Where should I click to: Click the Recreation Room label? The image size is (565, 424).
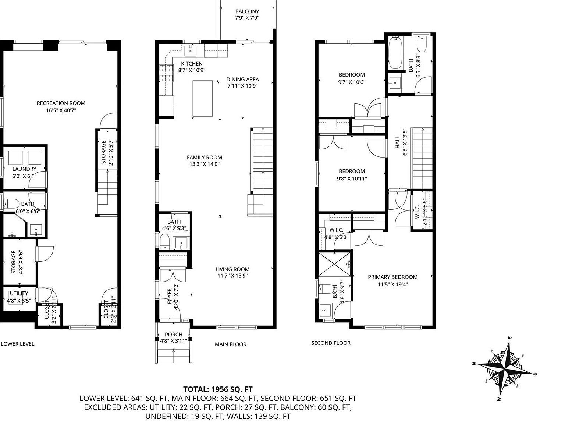click(61, 103)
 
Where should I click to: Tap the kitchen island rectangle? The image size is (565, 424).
click(203, 98)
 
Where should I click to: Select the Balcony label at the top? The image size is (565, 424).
click(247, 11)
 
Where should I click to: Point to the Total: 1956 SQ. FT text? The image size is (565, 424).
click(218, 389)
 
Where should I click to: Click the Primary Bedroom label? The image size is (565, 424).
click(392, 277)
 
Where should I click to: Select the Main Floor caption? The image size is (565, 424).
click(231, 344)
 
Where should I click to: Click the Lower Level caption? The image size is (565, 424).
click(17, 344)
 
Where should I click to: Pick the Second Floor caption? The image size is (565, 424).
click(331, 343)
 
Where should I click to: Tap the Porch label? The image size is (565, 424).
click(173, 335)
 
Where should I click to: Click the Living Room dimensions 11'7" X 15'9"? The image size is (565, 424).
click(232, 275)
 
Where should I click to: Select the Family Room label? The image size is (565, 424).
click(204, 158)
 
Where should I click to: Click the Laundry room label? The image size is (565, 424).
click(24, 169)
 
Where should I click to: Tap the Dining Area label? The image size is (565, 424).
click(242, 79)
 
